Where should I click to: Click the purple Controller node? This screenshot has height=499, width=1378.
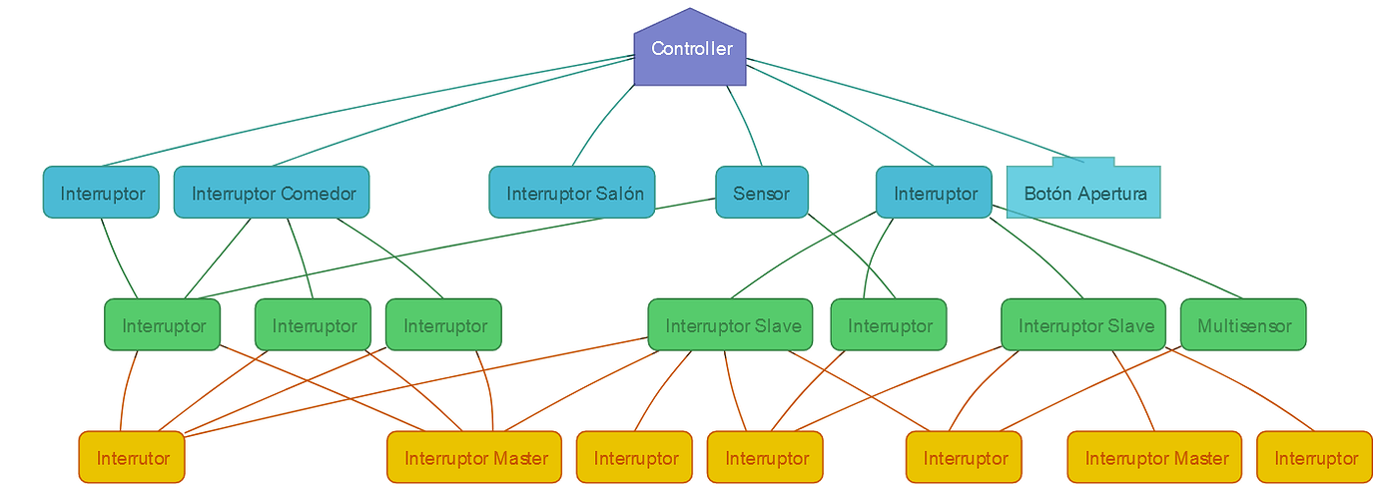[690, 49]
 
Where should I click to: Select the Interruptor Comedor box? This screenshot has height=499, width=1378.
[272, 193]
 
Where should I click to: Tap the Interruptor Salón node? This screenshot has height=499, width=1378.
[571, 193]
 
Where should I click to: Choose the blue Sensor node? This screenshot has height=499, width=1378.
[761, 193]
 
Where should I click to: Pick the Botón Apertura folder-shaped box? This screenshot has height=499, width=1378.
[1083, 193]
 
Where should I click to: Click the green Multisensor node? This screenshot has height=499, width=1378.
[1243, 325]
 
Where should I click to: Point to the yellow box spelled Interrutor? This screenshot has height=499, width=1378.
[132, 458]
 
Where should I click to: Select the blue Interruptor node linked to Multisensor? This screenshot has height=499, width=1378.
[935, 193]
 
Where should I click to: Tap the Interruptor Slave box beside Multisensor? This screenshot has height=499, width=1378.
[1083, 325]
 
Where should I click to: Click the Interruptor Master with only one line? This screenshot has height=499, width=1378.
[1154, 458]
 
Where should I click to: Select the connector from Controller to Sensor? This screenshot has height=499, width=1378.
[744, 125]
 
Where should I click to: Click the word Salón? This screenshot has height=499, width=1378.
[620, 193]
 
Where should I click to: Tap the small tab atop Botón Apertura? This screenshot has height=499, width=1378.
[1083, 161]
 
